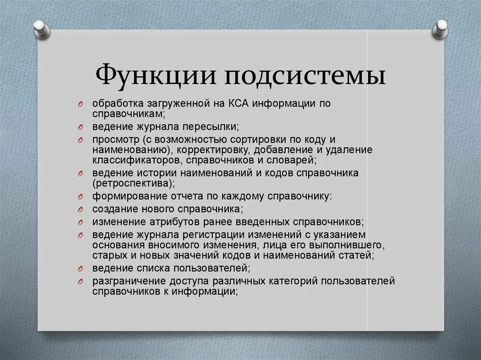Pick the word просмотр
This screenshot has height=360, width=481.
(x=111, y=139)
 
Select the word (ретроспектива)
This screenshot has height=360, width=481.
(x=134, y=183)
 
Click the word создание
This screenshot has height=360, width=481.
(x=111, y=208)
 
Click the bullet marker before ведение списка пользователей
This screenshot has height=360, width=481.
(x=80, y=269)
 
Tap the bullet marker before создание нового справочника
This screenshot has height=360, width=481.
(x=80, y=209)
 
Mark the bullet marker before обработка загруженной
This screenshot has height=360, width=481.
(x=80, y=104)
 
